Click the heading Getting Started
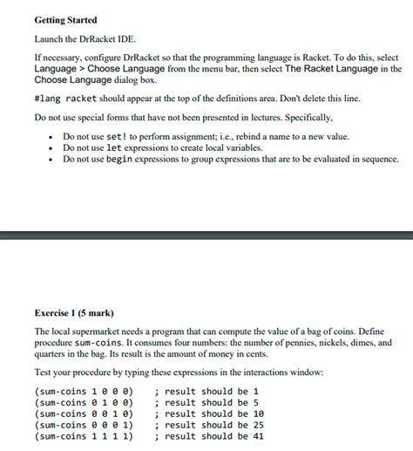[x=65, y=19]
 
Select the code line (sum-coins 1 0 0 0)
[x=83, y=392]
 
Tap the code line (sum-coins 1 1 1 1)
[x=83, y=435]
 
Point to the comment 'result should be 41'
[x=206, y=435]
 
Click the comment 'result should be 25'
[x=206, y=425]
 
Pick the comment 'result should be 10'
[x=206, y=413]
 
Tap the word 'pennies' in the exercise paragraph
[x=292, y=345]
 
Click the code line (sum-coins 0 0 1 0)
[x=83, y=413]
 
